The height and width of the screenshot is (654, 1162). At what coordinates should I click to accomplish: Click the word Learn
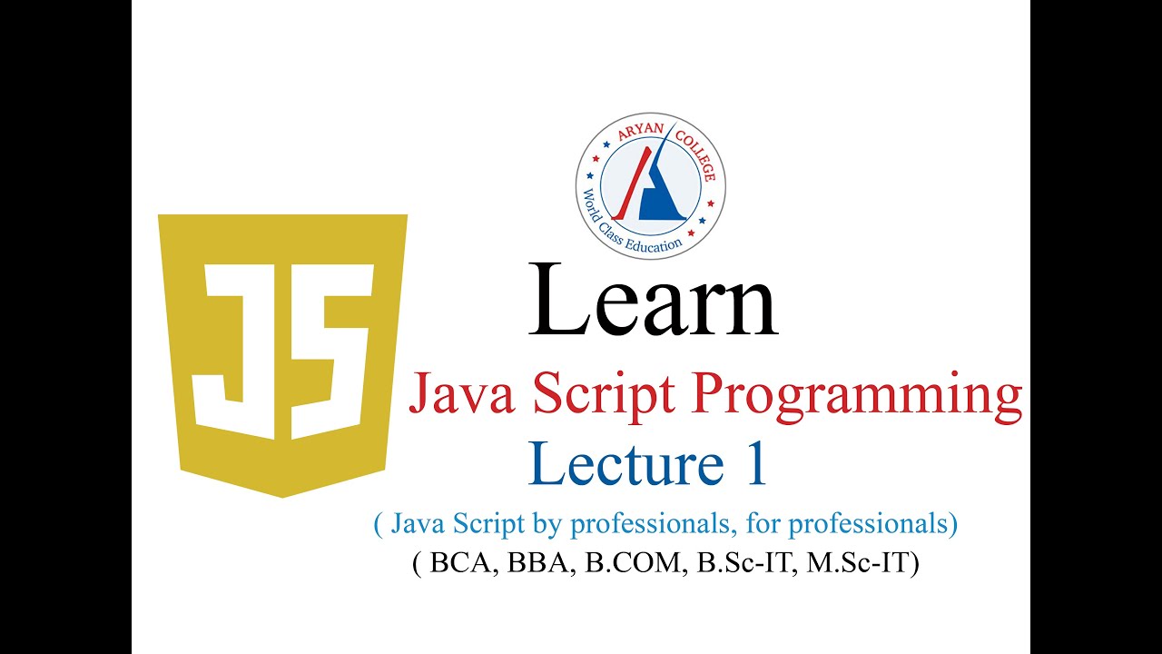(653, 300)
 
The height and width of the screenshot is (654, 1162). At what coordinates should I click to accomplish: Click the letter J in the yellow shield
(238, 350)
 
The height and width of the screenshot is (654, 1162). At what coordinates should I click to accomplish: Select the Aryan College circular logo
(651, 185)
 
